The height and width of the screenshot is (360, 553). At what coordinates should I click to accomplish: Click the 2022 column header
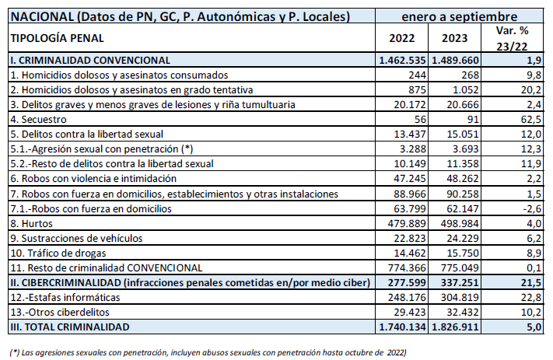coord(401,38)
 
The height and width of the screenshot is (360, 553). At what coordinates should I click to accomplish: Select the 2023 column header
coord(454,38)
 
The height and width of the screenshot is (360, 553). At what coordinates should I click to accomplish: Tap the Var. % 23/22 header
coord(512,38)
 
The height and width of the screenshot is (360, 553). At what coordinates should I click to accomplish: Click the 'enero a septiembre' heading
coord(459,16)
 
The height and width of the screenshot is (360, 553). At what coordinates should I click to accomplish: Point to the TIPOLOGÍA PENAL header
coord(57,38)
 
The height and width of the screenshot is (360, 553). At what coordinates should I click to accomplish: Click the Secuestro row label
coord(38,120)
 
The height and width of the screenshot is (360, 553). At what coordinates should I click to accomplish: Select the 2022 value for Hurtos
coord(407,224)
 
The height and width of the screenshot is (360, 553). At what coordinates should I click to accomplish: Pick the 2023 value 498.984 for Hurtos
coord(460,224)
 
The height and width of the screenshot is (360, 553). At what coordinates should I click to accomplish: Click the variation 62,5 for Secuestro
coord(531,120)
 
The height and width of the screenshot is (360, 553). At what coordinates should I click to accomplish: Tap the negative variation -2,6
coord(532,208)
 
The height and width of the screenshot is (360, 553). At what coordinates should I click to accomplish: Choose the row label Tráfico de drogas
coord(58,253)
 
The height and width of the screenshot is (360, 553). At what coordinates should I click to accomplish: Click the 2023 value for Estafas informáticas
coord(460,297)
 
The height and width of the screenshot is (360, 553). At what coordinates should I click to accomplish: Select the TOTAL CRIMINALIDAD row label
coord(70,327)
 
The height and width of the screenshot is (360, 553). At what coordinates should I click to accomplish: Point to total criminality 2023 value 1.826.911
coord(455,327)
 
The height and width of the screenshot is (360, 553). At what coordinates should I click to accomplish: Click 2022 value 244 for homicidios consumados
coord(417,75)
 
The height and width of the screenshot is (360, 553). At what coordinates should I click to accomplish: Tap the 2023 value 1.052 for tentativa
coord(466,90)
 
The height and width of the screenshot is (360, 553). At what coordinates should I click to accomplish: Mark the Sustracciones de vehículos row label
coord(76,239)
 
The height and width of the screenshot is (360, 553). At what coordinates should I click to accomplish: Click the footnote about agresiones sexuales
coord(208,352)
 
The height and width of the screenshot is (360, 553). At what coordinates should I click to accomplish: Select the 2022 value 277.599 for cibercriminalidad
coord(407,282)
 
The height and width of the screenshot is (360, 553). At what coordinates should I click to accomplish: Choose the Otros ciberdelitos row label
coord(60,312)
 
